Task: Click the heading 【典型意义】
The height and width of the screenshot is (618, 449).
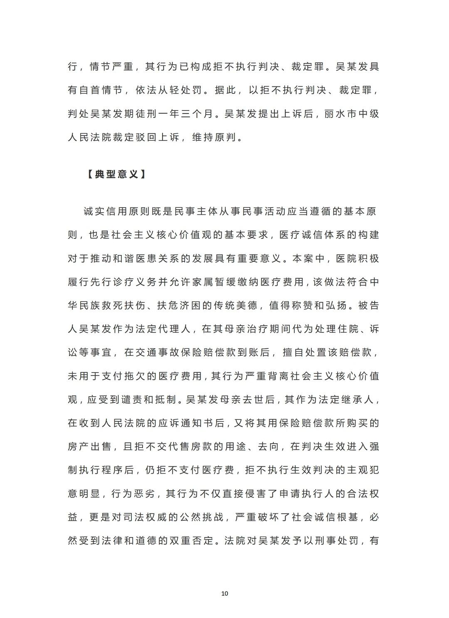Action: [x=116, y=174]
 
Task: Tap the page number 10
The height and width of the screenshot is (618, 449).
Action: [x=224, y=593]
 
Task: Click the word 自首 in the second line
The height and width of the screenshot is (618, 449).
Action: [x=94, y=90]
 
